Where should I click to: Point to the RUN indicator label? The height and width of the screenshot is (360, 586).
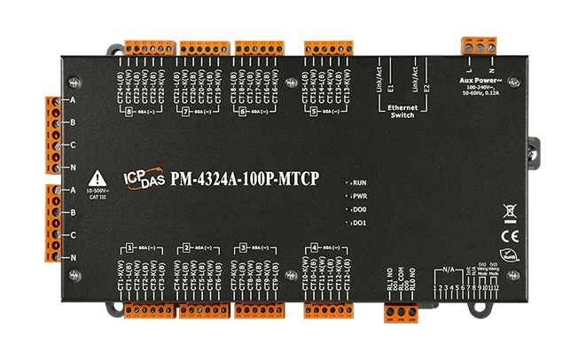pos(359,180)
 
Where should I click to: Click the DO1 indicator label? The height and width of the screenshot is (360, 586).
pos(359,223)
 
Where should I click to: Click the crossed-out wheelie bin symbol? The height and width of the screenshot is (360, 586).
pos(509,211)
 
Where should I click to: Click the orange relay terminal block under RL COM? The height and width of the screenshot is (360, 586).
pos(401,311)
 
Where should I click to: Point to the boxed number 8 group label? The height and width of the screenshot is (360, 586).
pos(129,113)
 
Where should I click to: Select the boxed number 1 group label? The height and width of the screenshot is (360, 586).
pos(129,248)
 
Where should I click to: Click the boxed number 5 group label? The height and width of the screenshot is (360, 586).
pos(314,113)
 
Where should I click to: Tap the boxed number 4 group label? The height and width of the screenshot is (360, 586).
pos(316,248)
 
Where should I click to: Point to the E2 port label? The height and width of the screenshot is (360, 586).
pos(426,88)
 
